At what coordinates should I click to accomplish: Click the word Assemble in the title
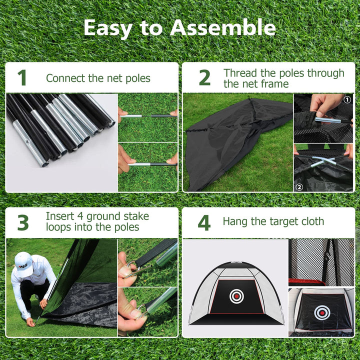pos(222,28)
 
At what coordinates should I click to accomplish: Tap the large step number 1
pos(22,78)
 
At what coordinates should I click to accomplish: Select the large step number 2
pos(204,78)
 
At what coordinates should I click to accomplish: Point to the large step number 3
pos(23,223)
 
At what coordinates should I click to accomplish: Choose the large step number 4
pos(204,223)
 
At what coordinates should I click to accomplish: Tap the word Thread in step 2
pos(240,73)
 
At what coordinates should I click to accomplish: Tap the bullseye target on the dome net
pos(236,296)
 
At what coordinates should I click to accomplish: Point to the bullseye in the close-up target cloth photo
pos(321,312)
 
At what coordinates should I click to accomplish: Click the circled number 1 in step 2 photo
pos(347,99)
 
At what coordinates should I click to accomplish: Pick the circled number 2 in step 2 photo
pos(300,187)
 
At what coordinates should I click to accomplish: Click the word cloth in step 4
pos(310,221)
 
